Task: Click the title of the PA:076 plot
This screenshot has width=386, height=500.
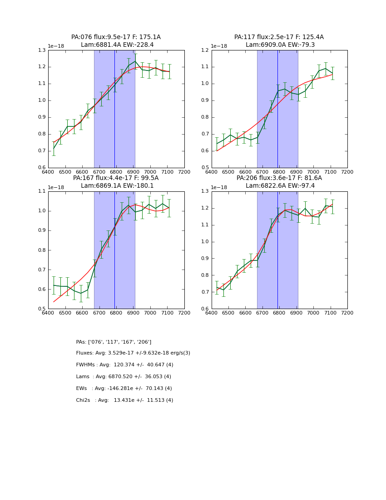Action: point(116,37)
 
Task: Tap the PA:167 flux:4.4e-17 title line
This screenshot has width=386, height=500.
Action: point(116,178)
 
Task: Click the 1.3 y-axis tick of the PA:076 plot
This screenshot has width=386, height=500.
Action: point(41,50)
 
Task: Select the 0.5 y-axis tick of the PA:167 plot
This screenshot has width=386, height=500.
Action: point(41,309)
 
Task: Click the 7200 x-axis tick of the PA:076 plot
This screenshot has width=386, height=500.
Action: point(184,172)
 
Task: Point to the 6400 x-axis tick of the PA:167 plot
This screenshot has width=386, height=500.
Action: point(48,313)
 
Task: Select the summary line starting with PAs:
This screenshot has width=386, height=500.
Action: point(114,342)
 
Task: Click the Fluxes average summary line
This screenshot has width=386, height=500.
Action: point(133,353)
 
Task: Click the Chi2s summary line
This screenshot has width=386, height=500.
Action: point(124,400)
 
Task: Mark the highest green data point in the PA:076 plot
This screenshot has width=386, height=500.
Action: point(135,61)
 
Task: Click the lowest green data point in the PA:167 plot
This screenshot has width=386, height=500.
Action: point(81,293)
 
